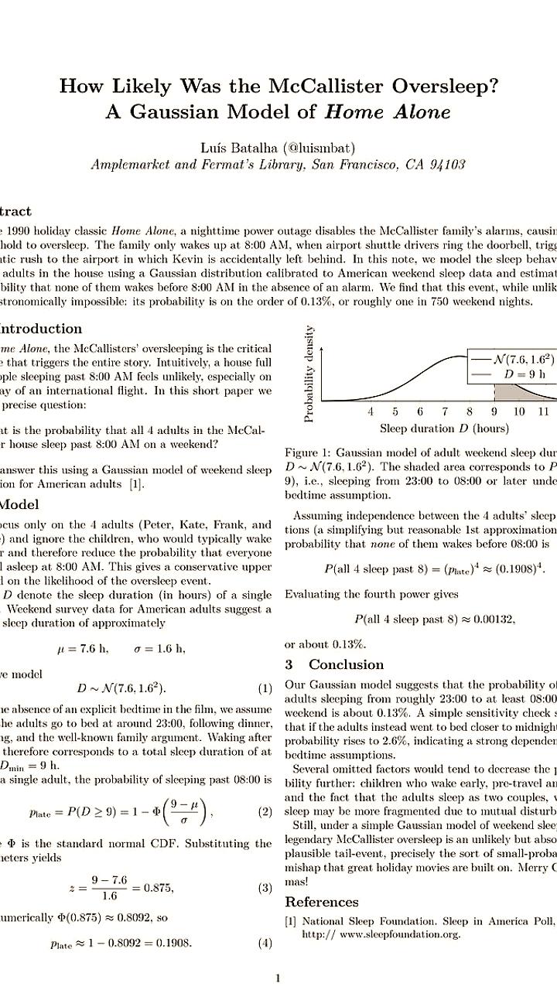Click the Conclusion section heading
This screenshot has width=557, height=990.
[x=346, y=664]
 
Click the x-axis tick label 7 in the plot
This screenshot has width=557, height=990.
[x=445, y=412]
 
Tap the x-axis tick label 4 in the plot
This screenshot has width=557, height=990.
[x=371, y=412]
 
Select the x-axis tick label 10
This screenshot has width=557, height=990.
[x=518, y=412]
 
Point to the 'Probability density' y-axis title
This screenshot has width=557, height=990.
[x=309, y=374]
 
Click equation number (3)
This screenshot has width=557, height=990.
[x=265, y=867]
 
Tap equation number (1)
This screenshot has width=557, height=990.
[x=265, y=688]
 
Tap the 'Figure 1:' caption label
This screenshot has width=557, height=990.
[x=308, y=452]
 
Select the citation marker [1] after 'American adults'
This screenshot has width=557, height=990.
[x=136, y=485]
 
